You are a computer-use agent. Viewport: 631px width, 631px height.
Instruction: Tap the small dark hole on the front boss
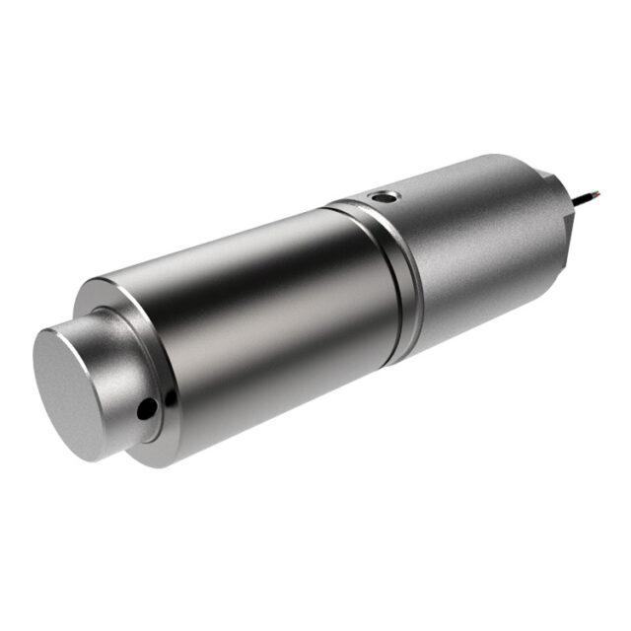pyautogui.click(x=148, y=406)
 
